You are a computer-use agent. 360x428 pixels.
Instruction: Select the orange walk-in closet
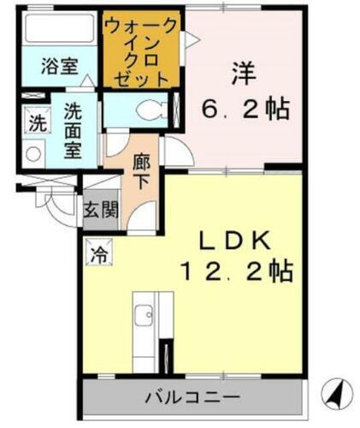pyautogui.click(x=141, y=49)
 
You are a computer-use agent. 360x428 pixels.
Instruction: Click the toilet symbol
pyautogui.click(x=150, y=110)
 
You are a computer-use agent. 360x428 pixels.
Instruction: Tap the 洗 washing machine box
pyautogui.click(x=37, y=122)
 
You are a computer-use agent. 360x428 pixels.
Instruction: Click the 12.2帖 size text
pyautogui.click(x=237, y=271)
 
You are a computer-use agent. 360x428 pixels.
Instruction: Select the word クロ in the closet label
pyautogui.click(x=141, y=58)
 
